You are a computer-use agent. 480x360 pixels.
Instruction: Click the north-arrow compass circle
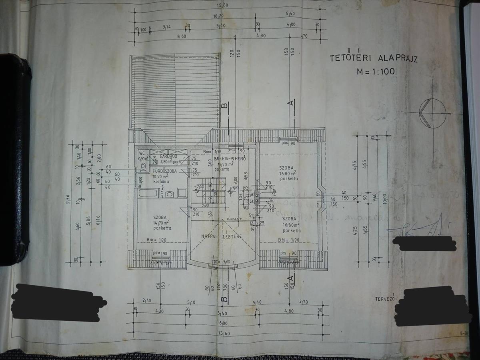click(432, 113)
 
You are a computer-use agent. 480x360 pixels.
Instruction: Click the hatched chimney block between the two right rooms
click(256, 197)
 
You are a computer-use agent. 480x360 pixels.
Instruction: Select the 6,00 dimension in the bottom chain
click(223, 323)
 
